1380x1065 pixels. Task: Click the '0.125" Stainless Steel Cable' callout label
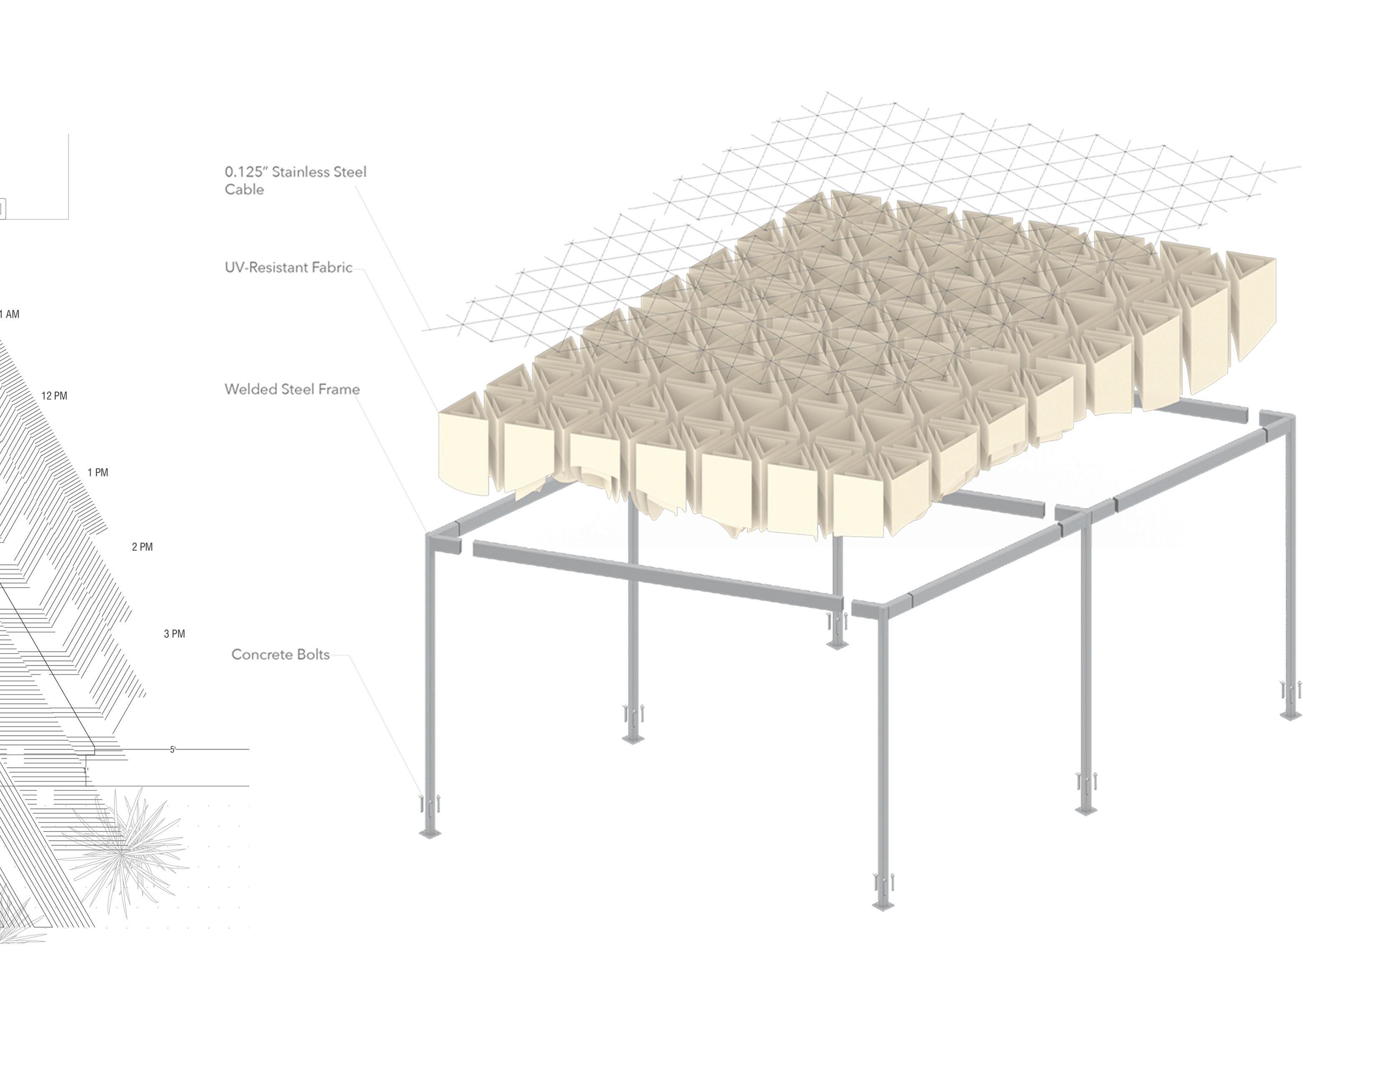(295, 180)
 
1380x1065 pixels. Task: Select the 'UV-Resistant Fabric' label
(288, 267)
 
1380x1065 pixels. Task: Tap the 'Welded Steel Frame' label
(292, 389)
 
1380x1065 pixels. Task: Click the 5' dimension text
(172, 750)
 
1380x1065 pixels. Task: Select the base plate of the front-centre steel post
(882, 906)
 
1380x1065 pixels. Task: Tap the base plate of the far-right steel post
(1290, 715)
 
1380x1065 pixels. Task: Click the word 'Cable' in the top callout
(244, 190)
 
